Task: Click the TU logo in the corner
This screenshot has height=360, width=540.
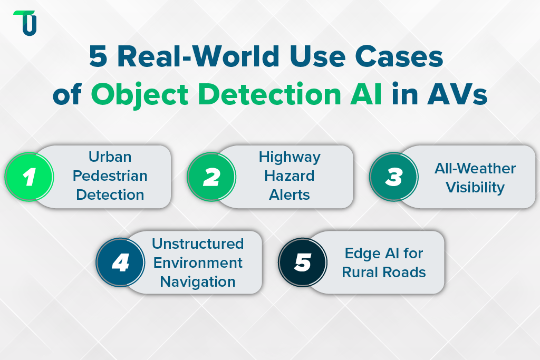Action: coord(25,23)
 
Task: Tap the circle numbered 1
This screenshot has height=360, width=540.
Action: coord(30,177)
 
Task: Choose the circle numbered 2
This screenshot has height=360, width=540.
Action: coord(211,177)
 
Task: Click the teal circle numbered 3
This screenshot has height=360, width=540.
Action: coord(393,177)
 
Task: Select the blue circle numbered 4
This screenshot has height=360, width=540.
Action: coord(121,262)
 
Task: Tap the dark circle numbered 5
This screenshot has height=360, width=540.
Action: coord(303,262)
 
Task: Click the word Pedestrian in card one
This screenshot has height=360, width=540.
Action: coord(110,176)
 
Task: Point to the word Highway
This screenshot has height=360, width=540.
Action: coord(290,157)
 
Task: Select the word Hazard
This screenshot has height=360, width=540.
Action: coord(290,176)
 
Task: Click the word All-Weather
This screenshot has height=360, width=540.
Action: coord(475,169)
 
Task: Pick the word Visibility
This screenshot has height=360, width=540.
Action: coord(475,187)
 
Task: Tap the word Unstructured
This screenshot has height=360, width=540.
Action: coord(198,244)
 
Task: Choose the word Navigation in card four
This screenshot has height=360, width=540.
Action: coord(198,281)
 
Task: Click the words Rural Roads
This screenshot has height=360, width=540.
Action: coord(384,272)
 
